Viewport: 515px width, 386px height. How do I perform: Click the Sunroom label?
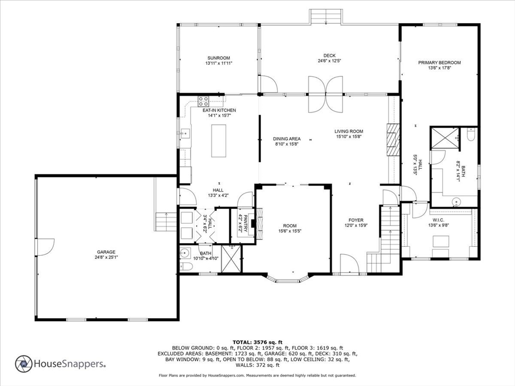(218, 58)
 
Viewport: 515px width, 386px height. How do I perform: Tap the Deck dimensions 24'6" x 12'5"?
(329, 61)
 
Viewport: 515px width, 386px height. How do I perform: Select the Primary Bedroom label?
(439, 63)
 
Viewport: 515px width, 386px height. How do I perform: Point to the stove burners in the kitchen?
(203, 100)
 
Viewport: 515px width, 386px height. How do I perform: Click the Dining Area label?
(287, 139)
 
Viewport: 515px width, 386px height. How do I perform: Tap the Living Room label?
(349, 131)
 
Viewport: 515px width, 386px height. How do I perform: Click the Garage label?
(106, 252)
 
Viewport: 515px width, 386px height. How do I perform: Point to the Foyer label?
(356, 220)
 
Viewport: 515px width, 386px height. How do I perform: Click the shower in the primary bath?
(445, 138)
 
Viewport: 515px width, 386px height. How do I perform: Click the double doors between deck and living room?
(325, 94)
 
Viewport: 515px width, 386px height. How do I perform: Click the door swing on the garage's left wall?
(44, 247)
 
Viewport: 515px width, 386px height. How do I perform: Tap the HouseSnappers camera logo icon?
(24, 364)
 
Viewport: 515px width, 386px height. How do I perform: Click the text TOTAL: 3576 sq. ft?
(257, 342)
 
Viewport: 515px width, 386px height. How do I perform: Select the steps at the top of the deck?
(325, 17)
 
